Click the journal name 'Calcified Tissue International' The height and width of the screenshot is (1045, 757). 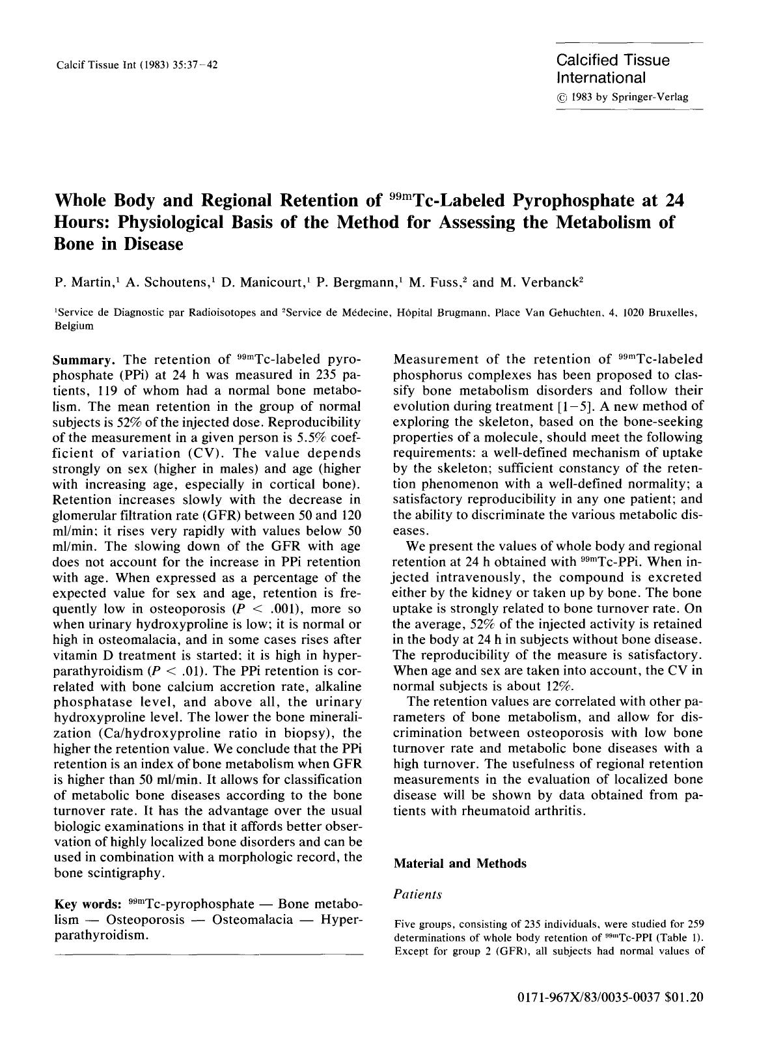(612, 69)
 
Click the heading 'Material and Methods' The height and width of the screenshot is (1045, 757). (460, 863)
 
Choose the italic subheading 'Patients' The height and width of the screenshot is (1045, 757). (417, 895)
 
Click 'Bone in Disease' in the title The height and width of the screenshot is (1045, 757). (118, 244)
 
